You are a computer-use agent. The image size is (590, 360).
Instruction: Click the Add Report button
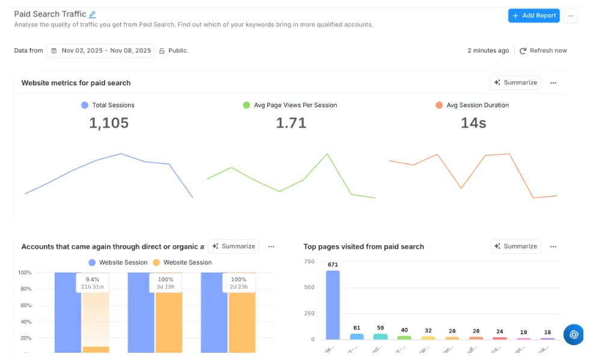[x=533, y=16]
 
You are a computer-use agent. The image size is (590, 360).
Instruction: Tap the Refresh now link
[x=543, y=50]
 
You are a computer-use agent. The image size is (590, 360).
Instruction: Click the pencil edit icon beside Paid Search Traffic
[x=92, y=14]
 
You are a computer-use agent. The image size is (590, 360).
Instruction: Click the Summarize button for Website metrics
[x=515, y=82]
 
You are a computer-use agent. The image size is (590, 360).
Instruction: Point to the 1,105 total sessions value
[x=109, y=123]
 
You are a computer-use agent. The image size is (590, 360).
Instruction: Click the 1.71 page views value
[x=291, y=123]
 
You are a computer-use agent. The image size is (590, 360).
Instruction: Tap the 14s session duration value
[x=473, y=123]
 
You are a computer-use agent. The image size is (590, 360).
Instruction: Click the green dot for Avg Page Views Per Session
[x=246, y=105]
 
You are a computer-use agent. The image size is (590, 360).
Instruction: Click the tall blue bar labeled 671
[x=333, y=305]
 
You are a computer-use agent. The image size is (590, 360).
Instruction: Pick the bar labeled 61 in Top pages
[x=357, y=337]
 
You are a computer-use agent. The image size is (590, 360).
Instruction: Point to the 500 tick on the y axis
[x=309, y=287]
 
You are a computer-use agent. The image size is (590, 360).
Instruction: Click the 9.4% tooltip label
[x=92, y=279]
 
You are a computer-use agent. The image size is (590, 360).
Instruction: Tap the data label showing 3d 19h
[x=165, y=287]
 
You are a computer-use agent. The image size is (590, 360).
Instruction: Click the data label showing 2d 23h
[x=239, y=287]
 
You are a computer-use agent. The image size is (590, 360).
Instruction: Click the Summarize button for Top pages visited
[x=515, y=246]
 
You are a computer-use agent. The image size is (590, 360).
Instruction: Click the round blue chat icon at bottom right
[x=573, y=334]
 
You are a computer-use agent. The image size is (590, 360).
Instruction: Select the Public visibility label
[x=178, y=50]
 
